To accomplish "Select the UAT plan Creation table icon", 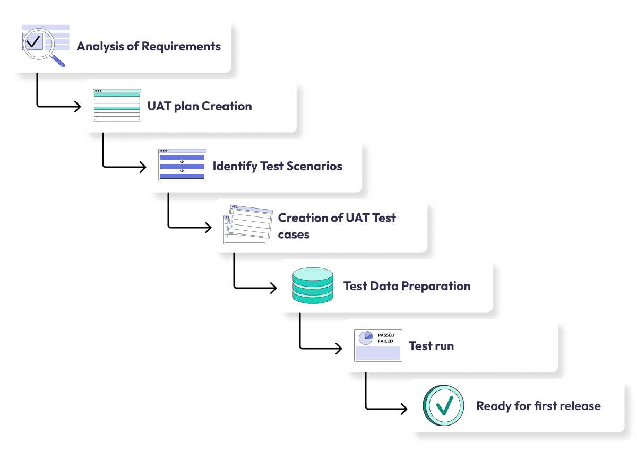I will click(117, 105).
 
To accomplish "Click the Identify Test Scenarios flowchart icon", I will click(182, 165).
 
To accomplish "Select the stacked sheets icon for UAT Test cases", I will click(247, 225).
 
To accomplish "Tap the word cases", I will click(294, 235).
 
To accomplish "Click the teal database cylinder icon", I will click(313, 286).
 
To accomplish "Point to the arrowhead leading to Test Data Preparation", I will click(273, 288).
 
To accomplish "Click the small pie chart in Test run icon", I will click(365, 338).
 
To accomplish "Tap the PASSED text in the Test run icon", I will click(386, 335).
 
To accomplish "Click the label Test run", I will click(431, 346).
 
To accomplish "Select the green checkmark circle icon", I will click(443, 406).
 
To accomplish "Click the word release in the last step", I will click(581, 406).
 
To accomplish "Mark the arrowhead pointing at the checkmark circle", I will click(404, 409).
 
